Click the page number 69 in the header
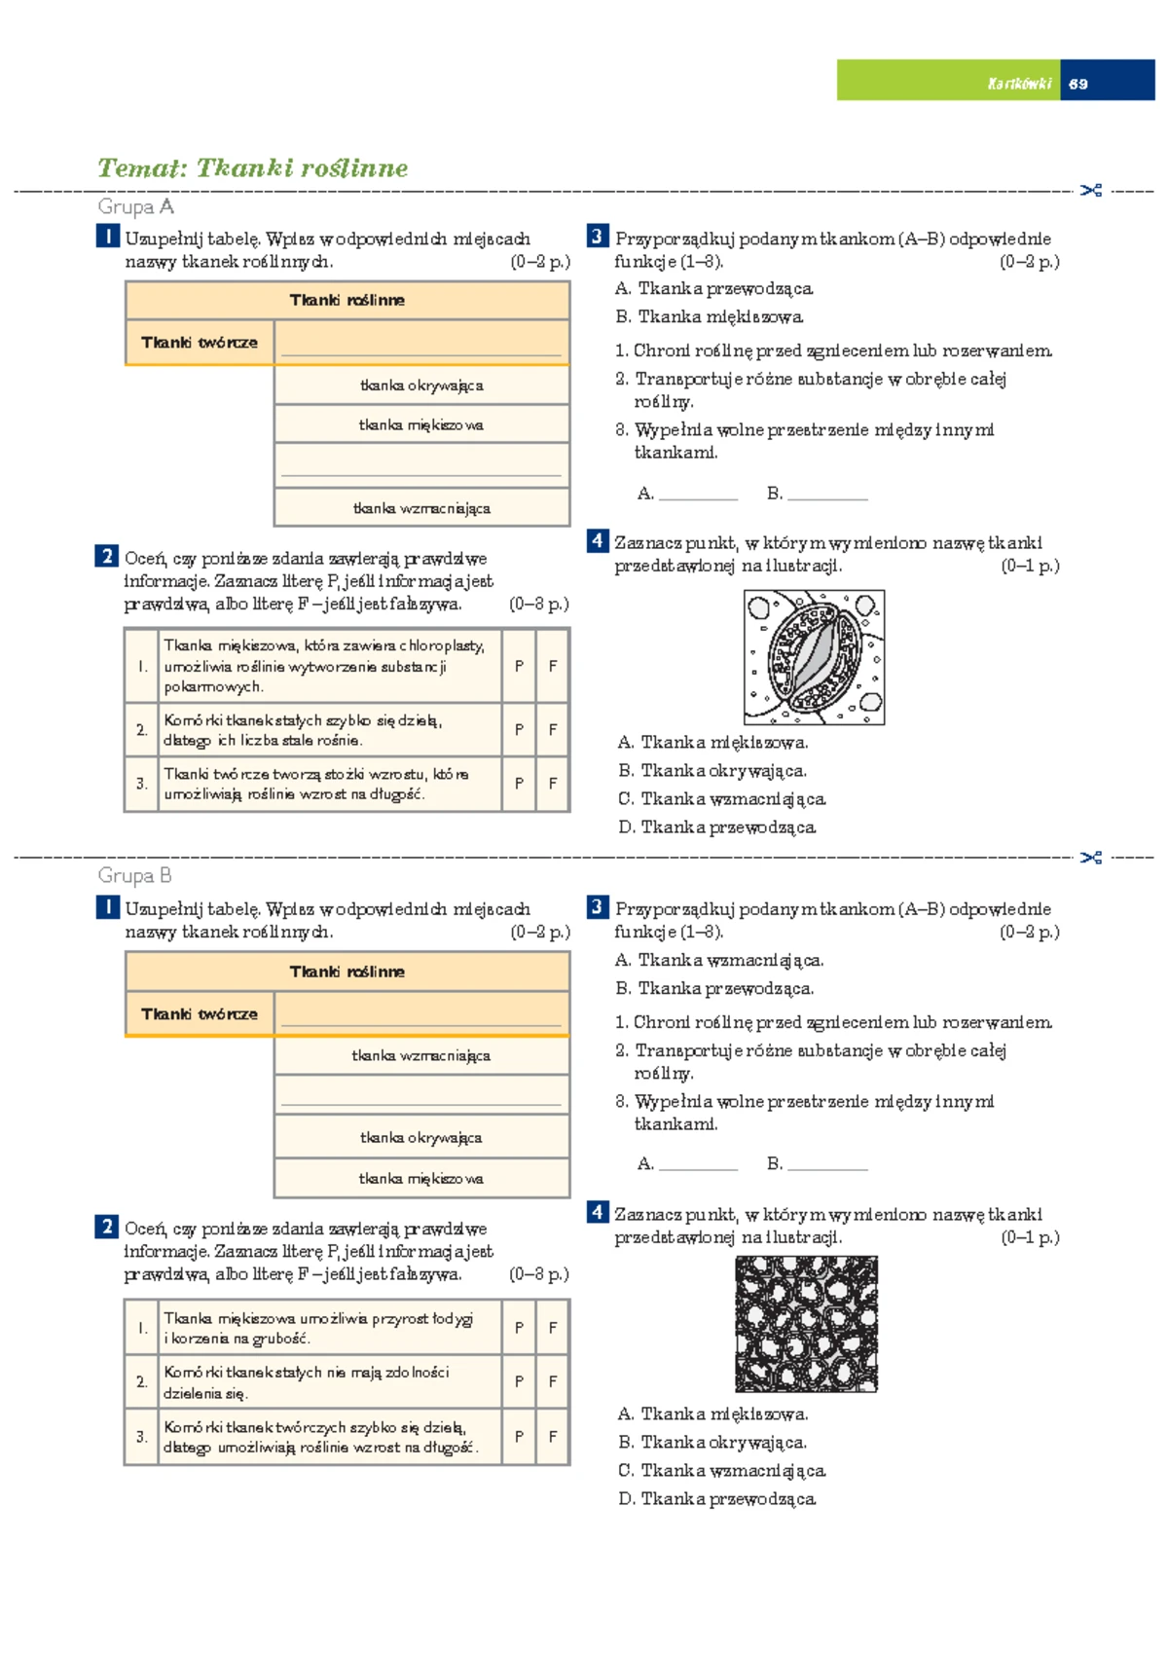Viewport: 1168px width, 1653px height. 1077,84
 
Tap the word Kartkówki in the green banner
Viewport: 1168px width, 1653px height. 1019,84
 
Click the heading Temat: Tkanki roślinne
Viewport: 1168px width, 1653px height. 252,168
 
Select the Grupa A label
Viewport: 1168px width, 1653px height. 135,206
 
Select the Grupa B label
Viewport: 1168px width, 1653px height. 135,875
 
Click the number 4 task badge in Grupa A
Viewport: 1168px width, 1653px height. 598,541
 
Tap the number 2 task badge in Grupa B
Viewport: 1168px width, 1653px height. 106,1227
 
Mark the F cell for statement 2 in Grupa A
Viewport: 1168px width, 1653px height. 553,729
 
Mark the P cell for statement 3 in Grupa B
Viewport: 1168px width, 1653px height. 520,1436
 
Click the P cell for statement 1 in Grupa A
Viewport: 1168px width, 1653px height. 520,666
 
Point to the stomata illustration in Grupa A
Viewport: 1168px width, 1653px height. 814,657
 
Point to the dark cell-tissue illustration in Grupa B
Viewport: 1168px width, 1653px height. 807,1324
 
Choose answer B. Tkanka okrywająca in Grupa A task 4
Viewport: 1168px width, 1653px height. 712,770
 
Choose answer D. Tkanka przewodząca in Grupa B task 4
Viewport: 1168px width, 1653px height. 717,1499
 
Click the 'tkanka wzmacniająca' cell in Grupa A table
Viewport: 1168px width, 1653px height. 421,508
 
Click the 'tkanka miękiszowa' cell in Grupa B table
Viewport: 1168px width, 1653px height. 421,1179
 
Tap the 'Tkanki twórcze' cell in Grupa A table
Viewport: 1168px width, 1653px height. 200,343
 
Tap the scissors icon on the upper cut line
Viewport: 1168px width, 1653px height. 1090,191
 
